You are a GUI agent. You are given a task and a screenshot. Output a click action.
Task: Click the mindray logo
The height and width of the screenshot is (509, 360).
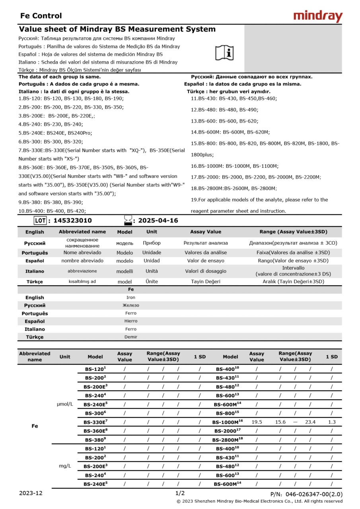[x=318, y=16]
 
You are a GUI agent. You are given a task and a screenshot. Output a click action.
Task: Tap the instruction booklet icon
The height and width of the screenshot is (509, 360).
[x=225, y=52]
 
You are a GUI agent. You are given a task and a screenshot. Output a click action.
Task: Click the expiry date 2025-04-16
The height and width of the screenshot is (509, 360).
[x=158, y=220]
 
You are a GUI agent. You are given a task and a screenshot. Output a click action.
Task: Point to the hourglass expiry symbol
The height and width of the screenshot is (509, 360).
[x=128, y=220]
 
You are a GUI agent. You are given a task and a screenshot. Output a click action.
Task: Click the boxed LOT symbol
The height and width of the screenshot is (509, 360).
[x=41, y=220]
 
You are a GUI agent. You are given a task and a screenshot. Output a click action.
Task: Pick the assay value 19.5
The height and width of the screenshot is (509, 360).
[x=257, y=422]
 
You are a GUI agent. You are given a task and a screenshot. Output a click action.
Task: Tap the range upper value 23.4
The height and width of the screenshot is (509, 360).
[x=310, y=422]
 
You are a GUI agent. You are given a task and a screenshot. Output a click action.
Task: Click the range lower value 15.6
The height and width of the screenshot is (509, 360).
[x=280, y=422]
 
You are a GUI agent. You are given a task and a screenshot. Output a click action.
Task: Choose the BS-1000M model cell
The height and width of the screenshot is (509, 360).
[x=227, y=422]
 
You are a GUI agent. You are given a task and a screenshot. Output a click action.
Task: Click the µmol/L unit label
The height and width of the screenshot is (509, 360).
[x=65, y=404]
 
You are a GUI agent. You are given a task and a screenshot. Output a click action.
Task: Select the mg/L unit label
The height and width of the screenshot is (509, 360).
[x=65, y=466]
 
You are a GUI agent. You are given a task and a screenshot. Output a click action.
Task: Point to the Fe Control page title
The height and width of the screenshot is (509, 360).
[x=41, y=16]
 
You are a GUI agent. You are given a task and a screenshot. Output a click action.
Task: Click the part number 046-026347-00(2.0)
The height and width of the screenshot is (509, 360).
[x=313, y=494]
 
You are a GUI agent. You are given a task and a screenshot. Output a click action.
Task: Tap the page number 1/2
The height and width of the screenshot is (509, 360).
[x=180, y=493]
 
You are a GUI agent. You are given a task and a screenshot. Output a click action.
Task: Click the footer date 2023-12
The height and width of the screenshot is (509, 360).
[x=31, y=493]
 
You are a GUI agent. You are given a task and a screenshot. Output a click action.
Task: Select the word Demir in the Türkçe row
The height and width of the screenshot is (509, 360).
[x=131, y=337]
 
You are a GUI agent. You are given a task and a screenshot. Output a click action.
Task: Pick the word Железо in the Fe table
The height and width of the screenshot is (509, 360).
[x=131, y=305]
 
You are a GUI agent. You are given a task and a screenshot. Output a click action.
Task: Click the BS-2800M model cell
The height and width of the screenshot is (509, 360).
[x=227, y=440]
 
